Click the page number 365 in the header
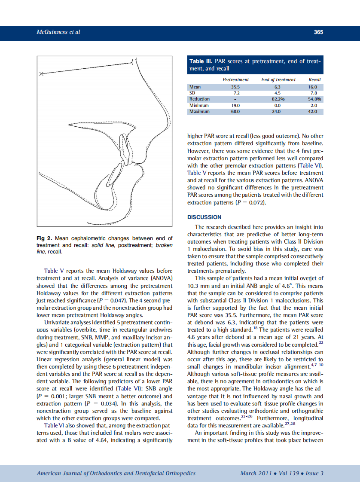(318, 32)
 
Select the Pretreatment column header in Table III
(235, 79)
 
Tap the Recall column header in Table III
(314, 79)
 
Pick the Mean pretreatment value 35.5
(235, 87)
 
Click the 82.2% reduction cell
(278, 99)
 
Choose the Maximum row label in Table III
(200, 112)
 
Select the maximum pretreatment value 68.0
(235, 112)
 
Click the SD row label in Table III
(192, 93)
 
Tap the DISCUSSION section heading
(204, 217)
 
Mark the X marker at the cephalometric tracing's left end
(41, 74)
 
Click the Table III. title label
(201, 61)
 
